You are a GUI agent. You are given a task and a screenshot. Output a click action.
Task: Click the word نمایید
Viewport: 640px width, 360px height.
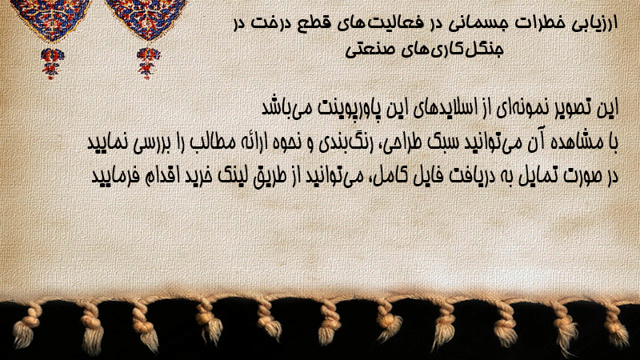coord(106,143)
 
